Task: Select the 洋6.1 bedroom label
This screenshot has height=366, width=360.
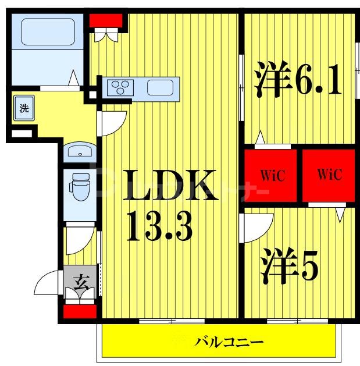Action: point(297,81)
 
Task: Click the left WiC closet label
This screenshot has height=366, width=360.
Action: point(272,175)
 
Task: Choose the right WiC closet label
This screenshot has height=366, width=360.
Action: point(329,175)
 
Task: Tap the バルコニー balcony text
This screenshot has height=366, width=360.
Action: point(229,342)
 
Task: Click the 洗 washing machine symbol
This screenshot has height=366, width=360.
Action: point(24,108)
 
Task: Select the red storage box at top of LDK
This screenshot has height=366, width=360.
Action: point(107,20)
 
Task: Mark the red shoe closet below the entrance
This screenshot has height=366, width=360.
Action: point(80,311)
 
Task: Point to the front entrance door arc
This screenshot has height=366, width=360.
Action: point(48,284)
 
